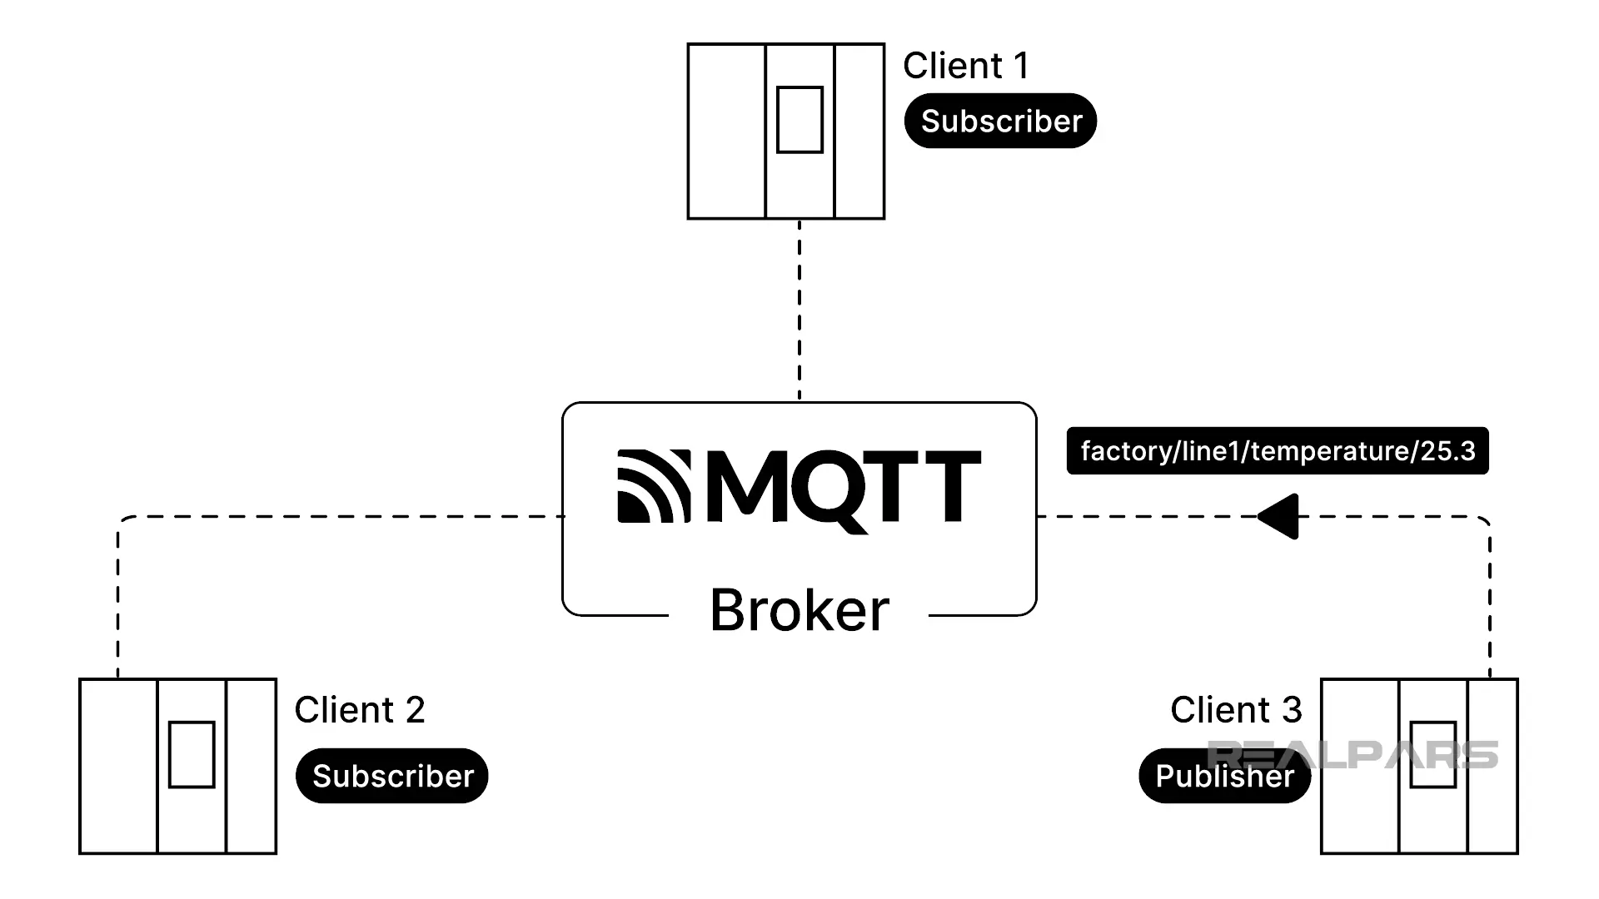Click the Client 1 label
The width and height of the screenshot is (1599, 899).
(x=966, y=66)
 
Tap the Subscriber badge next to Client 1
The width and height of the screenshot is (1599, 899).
(x=1000, y=122)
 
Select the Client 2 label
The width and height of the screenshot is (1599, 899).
(x=360, y=710)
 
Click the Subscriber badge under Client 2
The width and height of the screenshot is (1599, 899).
(x=392, y=776)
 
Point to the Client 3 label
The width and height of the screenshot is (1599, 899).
(x=1236, y=710)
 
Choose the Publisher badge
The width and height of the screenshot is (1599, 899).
(x=1224, y=776)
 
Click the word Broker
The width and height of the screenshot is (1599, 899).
(x=799, y=610)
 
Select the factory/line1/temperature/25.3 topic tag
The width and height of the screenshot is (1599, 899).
(x=1278, y=451)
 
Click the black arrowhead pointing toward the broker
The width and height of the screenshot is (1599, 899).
(x=1281, y=517)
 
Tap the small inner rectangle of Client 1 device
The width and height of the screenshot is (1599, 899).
(x=799, y=120)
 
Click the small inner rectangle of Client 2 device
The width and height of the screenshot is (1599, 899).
(x=192, y=754)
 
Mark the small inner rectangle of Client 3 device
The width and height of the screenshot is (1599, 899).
(x=1432, y=754)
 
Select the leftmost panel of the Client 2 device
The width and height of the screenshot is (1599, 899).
(x=118, y=766)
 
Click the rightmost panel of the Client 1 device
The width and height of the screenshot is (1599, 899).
(x=859, y=132)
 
